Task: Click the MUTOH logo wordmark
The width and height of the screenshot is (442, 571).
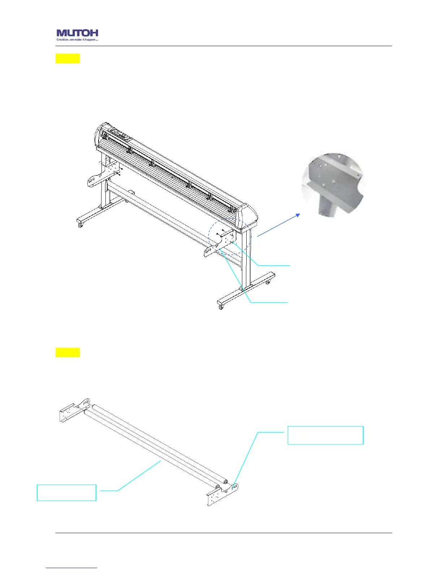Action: coord(77,33)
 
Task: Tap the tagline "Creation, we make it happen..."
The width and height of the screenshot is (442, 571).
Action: coord(77,40)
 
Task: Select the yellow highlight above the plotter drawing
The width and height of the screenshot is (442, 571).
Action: coord(68,58)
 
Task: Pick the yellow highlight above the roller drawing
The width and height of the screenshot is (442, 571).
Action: coord(68,353)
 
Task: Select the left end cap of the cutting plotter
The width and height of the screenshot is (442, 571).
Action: coord(98,136)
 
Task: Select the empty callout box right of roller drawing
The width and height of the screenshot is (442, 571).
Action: coord(325,435)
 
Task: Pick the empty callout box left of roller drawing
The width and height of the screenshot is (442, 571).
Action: coord(66,492)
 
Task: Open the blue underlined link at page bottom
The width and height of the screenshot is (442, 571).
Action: coord(71,568)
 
